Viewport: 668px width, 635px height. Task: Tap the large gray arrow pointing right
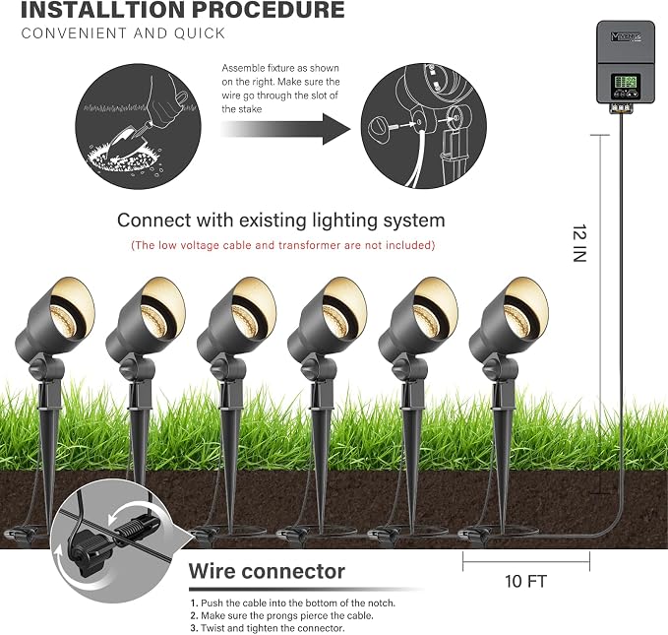coord(285,129)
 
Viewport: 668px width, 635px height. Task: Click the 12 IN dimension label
coord(579,243)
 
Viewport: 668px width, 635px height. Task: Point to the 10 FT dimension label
coord(525,581)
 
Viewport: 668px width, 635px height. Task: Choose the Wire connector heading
coord(267,571)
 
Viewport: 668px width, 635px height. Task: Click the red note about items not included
coord(283,245)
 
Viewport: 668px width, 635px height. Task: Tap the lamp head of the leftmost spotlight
coord(55,316)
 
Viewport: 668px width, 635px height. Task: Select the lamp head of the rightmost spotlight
coord(509,316)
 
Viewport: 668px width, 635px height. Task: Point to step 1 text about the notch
coord(292,603)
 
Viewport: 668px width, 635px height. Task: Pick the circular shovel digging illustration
coord(138,126)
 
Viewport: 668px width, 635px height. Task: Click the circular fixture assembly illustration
coord(424,126)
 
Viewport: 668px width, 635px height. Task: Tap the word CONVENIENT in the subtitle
coord(74,33)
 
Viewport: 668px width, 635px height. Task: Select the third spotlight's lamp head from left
coord(237,316)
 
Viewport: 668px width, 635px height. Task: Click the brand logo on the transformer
coord(626,37)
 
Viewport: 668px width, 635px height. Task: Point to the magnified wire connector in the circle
coord(114,540)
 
